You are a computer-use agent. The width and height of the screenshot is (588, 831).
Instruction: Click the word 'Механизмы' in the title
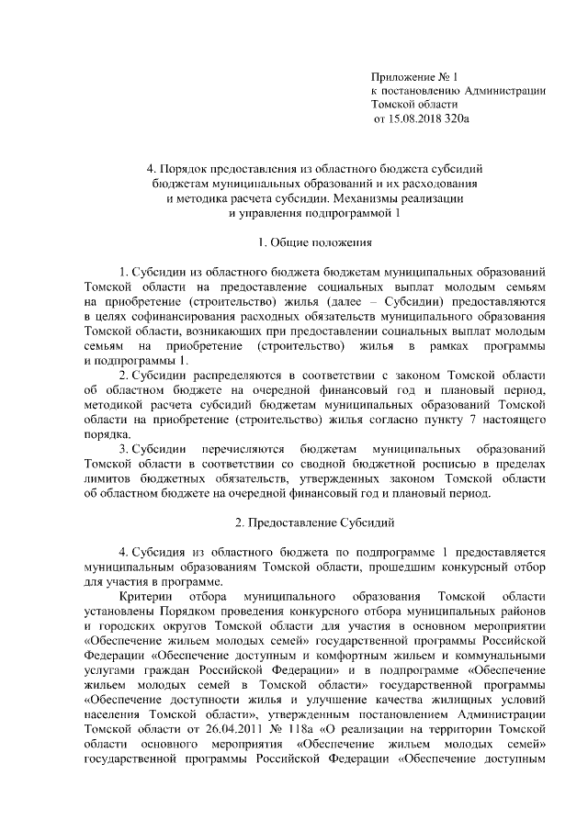point(365,198)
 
